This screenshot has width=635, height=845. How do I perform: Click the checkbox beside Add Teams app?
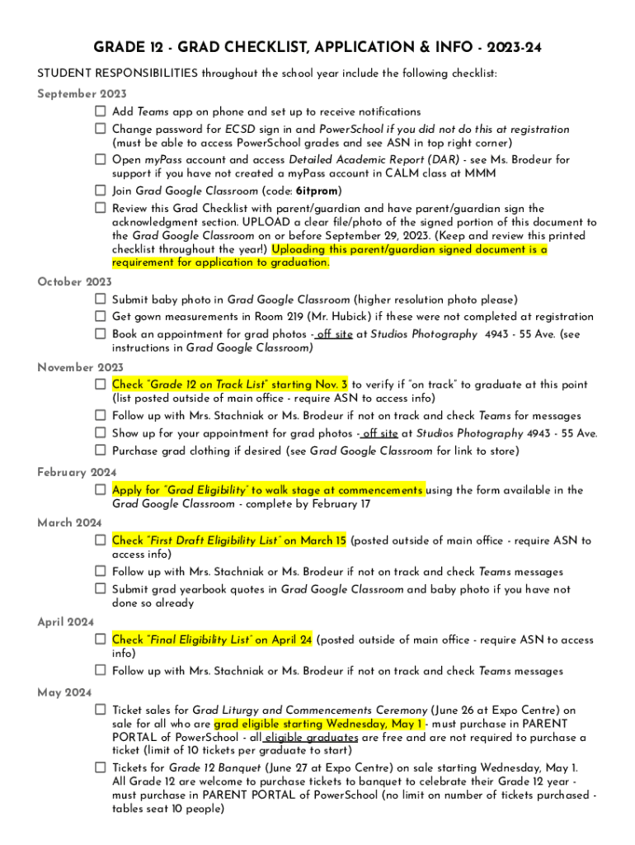[100, 111]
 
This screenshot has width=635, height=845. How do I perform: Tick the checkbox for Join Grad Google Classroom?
[100, 191]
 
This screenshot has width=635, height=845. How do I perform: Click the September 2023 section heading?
[82, 94]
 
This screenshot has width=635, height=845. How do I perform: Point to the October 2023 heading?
[75, 282]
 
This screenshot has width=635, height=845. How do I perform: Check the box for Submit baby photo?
[100, 300]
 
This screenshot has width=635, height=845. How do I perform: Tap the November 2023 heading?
[81, 367]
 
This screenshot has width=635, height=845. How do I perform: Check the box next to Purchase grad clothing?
[100, 451]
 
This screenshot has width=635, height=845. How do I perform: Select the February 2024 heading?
[78, 473]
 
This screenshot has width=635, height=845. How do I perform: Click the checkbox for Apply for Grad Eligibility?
[100, 490]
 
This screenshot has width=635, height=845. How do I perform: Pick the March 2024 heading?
[70, 523]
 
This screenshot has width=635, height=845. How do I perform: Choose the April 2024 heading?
[66, 622]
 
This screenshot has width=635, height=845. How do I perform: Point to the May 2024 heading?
[64, 692]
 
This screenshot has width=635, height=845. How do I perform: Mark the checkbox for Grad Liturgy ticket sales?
[100, 710]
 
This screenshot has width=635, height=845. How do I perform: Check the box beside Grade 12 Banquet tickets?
[100, 767]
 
